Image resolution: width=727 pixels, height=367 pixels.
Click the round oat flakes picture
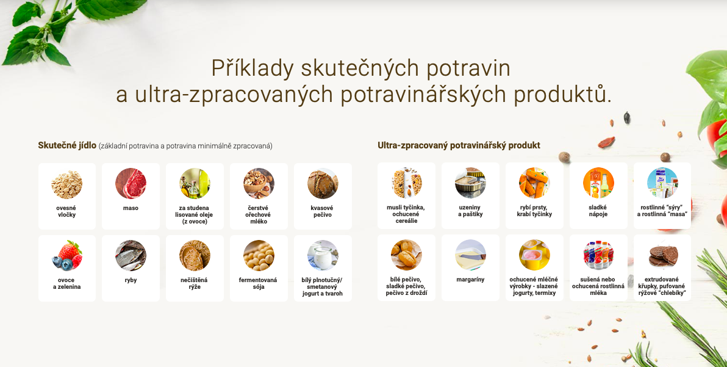click(66, 184)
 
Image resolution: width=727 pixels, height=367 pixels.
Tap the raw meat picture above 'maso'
click(131, 184)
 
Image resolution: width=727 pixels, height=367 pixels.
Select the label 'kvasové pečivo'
click(322, 211)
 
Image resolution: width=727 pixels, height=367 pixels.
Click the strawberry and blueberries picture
click(66, 256)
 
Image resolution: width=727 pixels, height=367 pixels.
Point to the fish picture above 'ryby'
click(131, 256)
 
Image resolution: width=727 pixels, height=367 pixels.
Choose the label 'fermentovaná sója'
click(258, 283)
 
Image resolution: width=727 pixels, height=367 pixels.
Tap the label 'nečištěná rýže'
click(195, 283)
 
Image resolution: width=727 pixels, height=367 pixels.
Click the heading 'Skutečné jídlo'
click(67, 146)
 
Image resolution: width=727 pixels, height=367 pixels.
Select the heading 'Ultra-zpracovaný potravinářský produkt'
click(459, 145)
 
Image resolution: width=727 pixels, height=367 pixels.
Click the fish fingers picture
click(534, 183)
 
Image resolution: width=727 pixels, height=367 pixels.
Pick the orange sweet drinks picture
click(598, 183)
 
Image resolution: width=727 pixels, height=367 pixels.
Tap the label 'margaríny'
click(470, 280)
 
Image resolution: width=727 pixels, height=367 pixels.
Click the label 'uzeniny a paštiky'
click(470, 211)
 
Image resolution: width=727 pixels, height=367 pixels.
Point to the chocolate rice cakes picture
click(662, 255)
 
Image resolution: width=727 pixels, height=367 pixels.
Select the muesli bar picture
click(406, 183)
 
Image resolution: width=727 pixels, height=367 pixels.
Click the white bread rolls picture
click(406, 255)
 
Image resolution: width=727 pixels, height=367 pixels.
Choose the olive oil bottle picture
click(195, 184)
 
